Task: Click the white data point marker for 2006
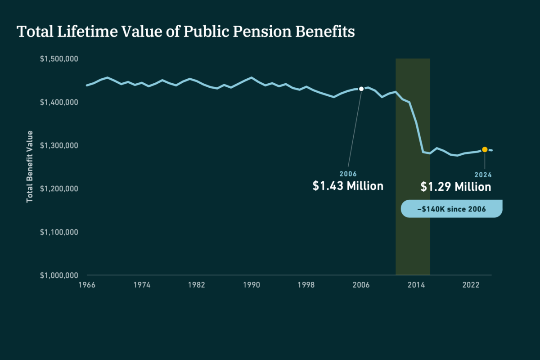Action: coord(361,89)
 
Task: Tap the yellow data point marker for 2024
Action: coord(485,150)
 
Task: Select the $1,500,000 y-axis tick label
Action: coord(59,59)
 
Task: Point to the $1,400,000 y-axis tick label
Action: coord(59,102)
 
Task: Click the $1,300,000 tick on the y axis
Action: coord(59,145)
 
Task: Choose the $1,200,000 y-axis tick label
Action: coord(59,189)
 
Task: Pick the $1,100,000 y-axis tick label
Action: coord(59,232)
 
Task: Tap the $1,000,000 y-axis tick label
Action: coord(59,275)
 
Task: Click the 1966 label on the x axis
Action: coord(87,285)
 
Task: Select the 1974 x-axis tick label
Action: coord(142,285)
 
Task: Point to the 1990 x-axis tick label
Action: coord(252,285)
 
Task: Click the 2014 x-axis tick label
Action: coord(416,285)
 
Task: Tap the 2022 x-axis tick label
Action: coord(471,285)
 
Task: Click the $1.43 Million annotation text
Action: coord(348,186)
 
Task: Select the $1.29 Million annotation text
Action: coord(456,187)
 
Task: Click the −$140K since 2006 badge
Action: coord(452,209)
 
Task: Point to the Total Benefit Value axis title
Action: coord(29,166)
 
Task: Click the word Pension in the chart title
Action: coord(262,31)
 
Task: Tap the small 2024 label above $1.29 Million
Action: coord(483,175)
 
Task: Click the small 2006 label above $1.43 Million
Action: coord(348,174)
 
